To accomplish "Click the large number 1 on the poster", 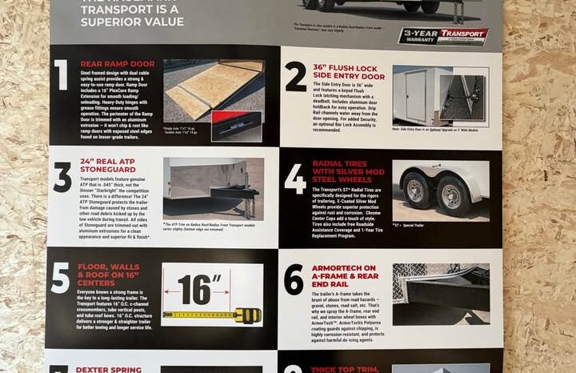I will (61, 76).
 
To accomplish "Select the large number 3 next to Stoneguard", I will (62, 178).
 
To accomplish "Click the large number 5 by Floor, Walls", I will (61, 278).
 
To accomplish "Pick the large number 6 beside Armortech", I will (294, 280).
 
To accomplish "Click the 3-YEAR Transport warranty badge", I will (444, 35).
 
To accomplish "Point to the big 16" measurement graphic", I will (196, 287).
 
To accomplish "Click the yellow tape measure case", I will (246, 315).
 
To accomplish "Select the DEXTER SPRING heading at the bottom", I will (108, 369).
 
